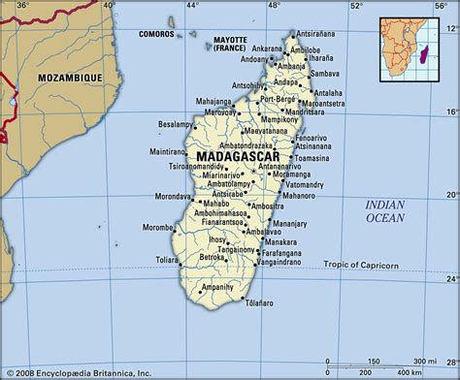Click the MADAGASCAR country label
pos(236,156)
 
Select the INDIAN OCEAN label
pos(386,211)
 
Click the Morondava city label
pos(174,196)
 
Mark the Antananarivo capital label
pos(284,167)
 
